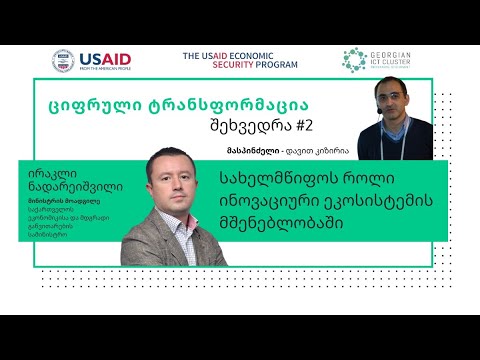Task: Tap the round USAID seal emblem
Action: click(x=64, y=61)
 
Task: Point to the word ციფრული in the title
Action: click(x=93, y=103)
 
